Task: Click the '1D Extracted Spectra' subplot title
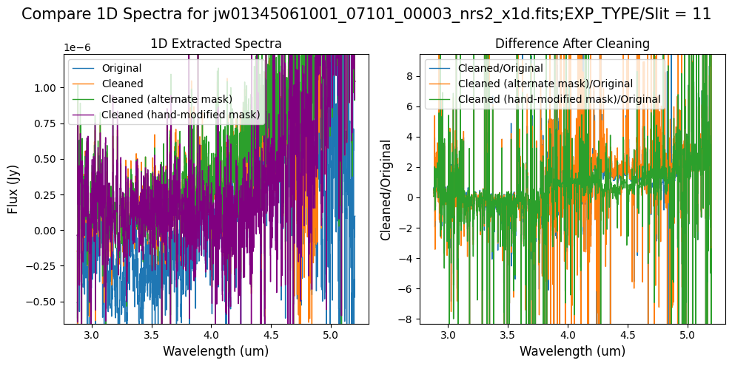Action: tap(215, 44)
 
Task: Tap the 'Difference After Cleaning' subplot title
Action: tap(572, 44)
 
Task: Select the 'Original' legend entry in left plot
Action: tap(121, 68)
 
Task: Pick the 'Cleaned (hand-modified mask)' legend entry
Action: tap(181, 115)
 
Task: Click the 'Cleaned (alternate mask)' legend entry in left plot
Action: tap(167, 99)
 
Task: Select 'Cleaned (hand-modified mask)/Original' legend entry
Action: tap(559, 99)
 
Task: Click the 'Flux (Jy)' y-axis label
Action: tap(13, 189)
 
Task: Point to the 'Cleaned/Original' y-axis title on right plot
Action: tap(386, 189)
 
